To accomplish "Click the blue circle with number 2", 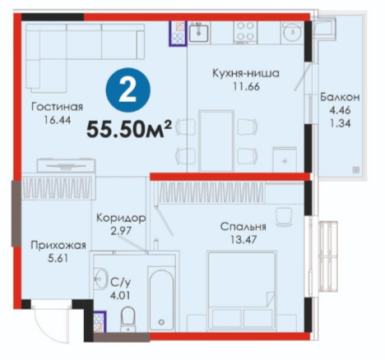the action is tap(128, 90).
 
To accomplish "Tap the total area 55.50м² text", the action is tap(129, 129).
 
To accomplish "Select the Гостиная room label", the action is tap(57, 107).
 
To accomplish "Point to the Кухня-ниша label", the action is tap(246, 73).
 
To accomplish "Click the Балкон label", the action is tap(340, 97).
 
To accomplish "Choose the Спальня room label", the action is tap(244, 227).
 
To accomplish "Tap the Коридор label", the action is tap(121, 219).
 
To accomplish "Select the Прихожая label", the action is tap(58, 246).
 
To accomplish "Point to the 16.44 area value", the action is tap(58, 120).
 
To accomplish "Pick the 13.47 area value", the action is tap(244, 240).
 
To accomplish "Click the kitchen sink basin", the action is tap(198, 32).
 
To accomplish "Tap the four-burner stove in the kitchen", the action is tap(246, 32).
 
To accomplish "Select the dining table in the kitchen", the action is tap(216, 141).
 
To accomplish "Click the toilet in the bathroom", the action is tap(128, 319).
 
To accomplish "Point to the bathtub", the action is tap(161, 299).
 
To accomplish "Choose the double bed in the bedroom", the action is tap(242, 289).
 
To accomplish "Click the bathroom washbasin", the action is tap(101, 278).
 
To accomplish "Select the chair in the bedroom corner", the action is tap(284, 217).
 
